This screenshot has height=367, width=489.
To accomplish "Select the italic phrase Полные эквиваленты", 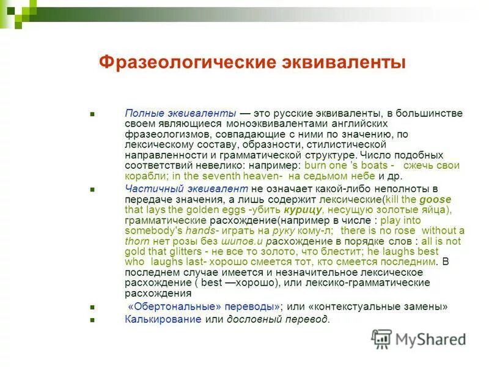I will (x=180, y=114).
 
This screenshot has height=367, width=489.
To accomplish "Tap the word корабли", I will (x=143, y=176).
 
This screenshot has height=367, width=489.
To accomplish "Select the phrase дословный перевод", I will (x=278, y=319).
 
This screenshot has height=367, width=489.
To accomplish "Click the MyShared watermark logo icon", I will (x=381, y=339).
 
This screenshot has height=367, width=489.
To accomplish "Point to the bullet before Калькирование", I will (x=92, y=320).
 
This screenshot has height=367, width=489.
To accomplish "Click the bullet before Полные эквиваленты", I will (x=92, y=114).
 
